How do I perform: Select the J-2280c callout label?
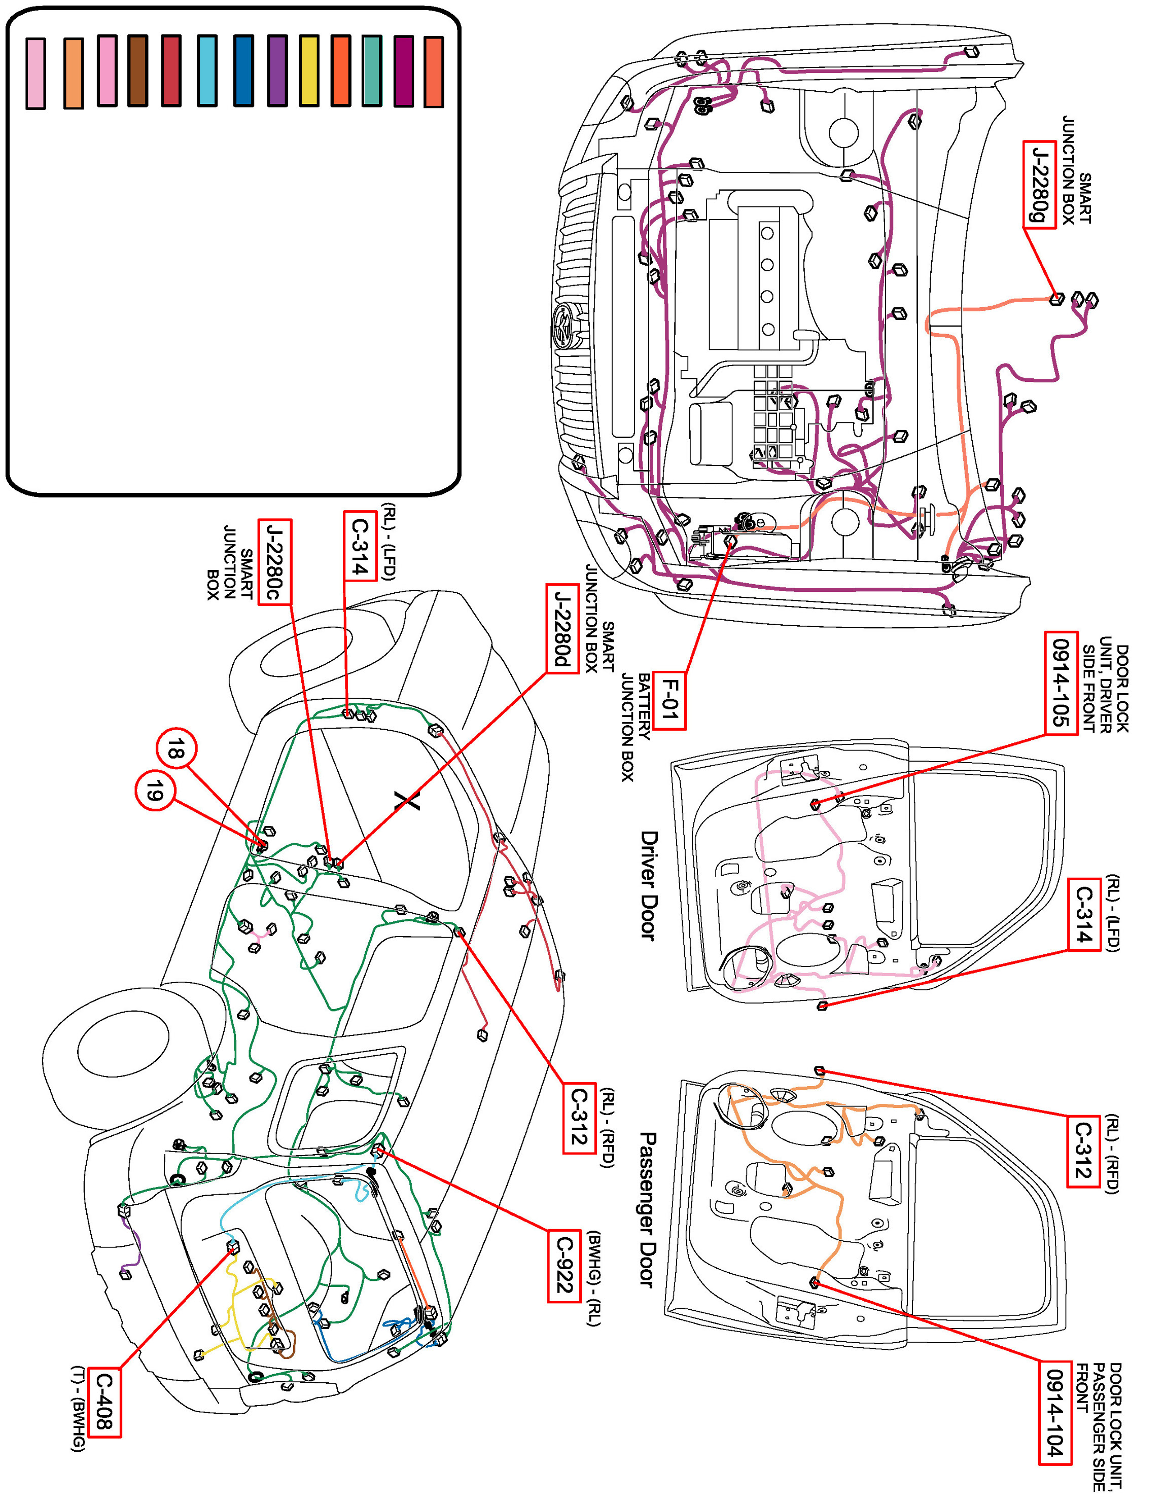[x=274, y=562]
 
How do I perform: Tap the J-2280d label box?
[x=562, y=628]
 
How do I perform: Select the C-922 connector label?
[x=564, y=1265]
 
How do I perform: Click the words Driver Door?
[x=648, y=885]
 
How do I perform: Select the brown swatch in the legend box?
[x=137, y=71]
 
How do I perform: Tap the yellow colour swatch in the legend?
[x=309, y=71]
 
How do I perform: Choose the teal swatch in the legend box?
[x=372, y=71]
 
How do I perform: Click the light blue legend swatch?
[x=207, y=71]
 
